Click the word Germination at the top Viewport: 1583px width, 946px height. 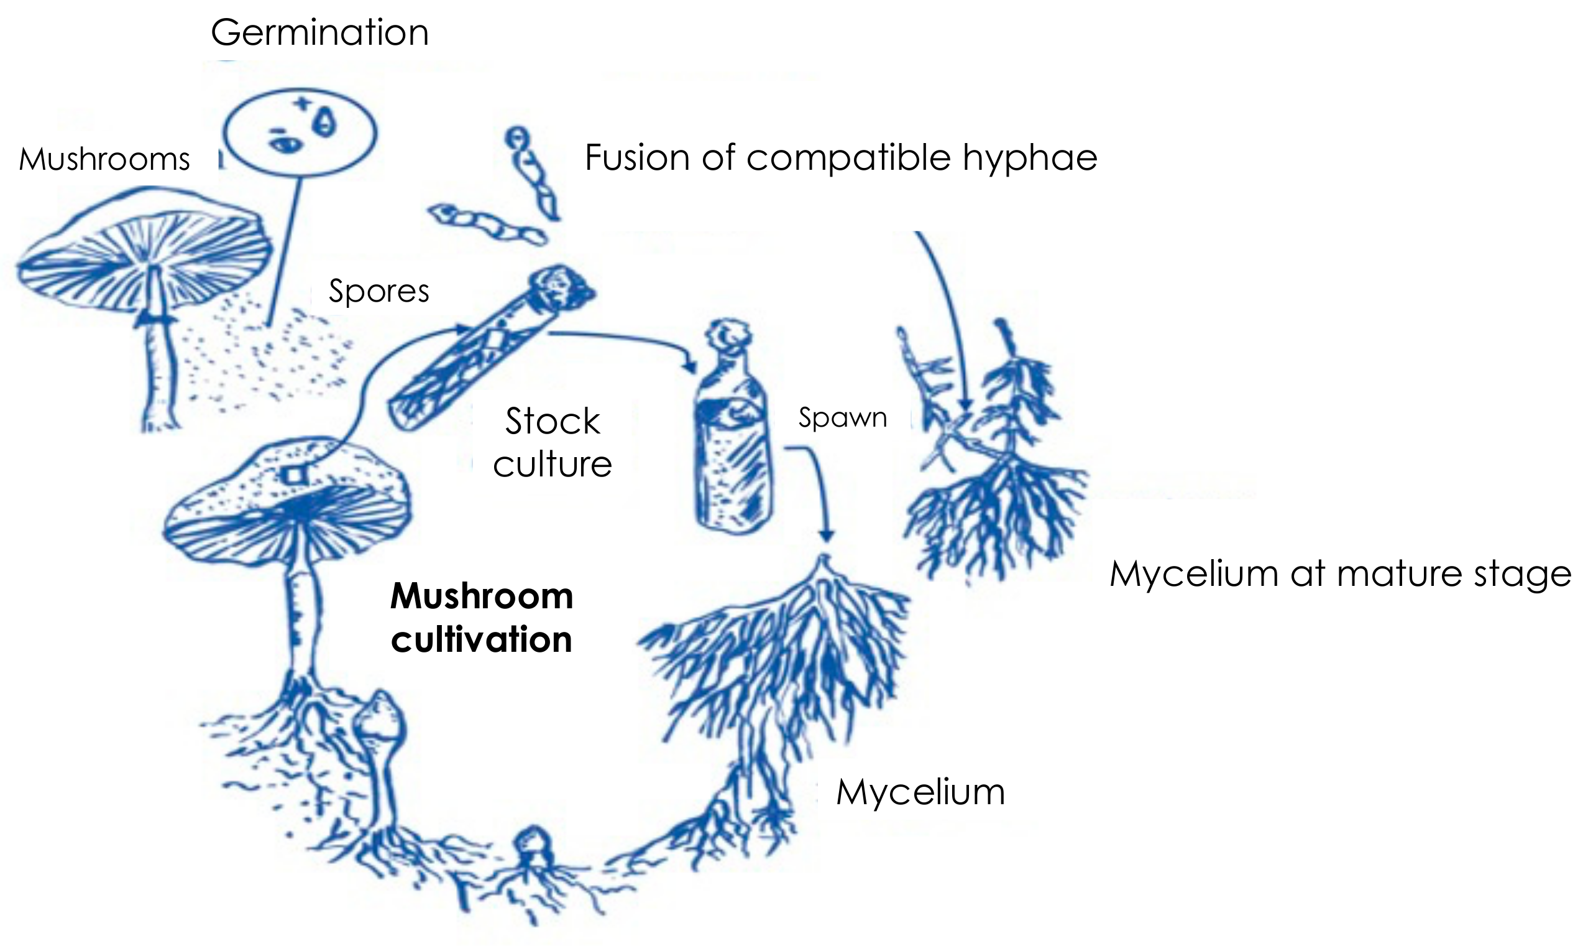pyautogui.click(x=320, y=32)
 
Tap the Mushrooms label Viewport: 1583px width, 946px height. pyautogui.click(x=104, y=159)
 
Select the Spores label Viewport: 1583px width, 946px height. pyautogui.click(x=379, y=291)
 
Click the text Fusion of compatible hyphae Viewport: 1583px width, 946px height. pyautogui.click(x=841, y=158)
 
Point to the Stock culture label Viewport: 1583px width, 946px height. pyautogui.click(x=553, y=442)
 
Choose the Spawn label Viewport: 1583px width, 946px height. pyautogui.click(x=842, y=418)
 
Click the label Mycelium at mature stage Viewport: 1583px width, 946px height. pyautogui.click(x=1340, y=574)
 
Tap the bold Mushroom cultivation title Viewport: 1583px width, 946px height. pyautogui.click(x=482, y=618)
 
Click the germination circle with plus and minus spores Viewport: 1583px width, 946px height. pyautogui.click(x=301, y=132)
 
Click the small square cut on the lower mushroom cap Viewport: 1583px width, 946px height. pyautogui.click(x=295, y=475)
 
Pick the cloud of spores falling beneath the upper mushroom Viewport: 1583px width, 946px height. pyautogui.click(x=267, y=357)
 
